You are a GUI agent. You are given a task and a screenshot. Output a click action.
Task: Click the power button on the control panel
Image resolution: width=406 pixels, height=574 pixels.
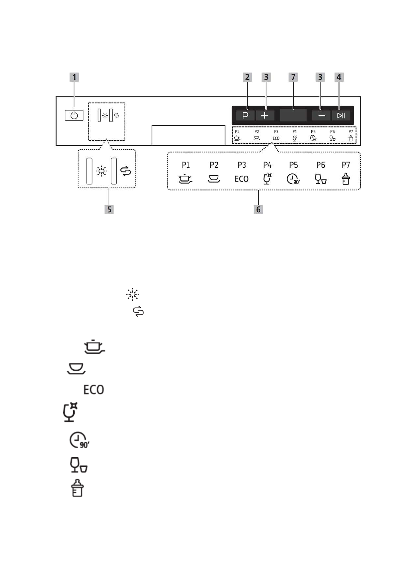pos(74,115)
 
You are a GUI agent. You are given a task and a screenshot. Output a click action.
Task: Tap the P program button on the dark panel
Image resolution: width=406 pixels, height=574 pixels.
pos(245,116)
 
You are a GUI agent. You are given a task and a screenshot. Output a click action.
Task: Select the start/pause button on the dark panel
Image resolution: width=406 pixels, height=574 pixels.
pos(341,116)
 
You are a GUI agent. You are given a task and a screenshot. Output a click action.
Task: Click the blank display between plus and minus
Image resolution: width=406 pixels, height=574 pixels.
pos(293,115)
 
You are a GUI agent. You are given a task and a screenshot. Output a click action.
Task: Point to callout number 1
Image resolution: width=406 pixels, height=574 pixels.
pos(74,77)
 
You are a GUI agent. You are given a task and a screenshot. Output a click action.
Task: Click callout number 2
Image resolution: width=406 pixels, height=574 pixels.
pos(247,77)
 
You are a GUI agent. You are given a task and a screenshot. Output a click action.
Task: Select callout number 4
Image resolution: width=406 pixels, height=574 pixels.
pos(339,77)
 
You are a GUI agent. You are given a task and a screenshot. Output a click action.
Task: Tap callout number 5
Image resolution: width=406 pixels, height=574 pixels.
pos(109,209)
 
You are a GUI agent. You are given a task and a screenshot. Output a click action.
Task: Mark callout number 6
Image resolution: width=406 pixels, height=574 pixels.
pos(258,209)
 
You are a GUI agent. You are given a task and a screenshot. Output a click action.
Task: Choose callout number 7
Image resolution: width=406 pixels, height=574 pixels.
pos(293,77)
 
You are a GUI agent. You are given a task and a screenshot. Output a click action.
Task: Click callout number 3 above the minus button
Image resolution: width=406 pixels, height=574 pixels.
pos(320,77)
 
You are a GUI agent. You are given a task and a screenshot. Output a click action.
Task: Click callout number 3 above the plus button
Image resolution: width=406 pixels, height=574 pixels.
pos(266,77)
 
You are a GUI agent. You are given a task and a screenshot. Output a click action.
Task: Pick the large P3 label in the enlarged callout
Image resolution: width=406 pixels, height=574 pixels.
pos(241,165)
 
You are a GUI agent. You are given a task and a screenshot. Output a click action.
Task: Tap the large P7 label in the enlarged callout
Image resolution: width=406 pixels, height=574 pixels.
pos(346,165)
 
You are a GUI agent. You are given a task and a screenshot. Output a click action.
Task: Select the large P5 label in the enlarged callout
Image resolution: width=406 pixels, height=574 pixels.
pos(293,165)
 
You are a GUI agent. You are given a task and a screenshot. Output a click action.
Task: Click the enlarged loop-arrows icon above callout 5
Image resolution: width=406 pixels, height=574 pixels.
pos(126,171)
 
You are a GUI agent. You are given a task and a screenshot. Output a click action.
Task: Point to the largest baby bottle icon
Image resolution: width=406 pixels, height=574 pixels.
pos(77,488)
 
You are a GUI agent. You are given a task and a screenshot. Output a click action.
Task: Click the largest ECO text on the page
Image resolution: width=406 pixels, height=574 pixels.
pos(94,390)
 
